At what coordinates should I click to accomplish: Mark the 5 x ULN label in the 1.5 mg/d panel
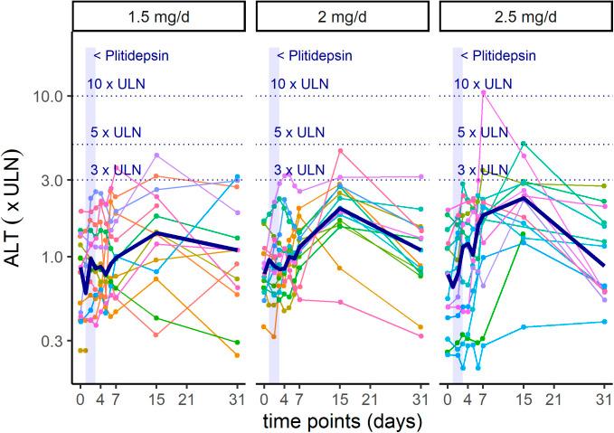114,133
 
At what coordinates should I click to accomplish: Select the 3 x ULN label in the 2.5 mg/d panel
481,169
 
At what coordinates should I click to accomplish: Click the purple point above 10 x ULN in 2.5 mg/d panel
484,92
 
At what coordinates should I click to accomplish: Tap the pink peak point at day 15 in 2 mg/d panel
339,150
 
